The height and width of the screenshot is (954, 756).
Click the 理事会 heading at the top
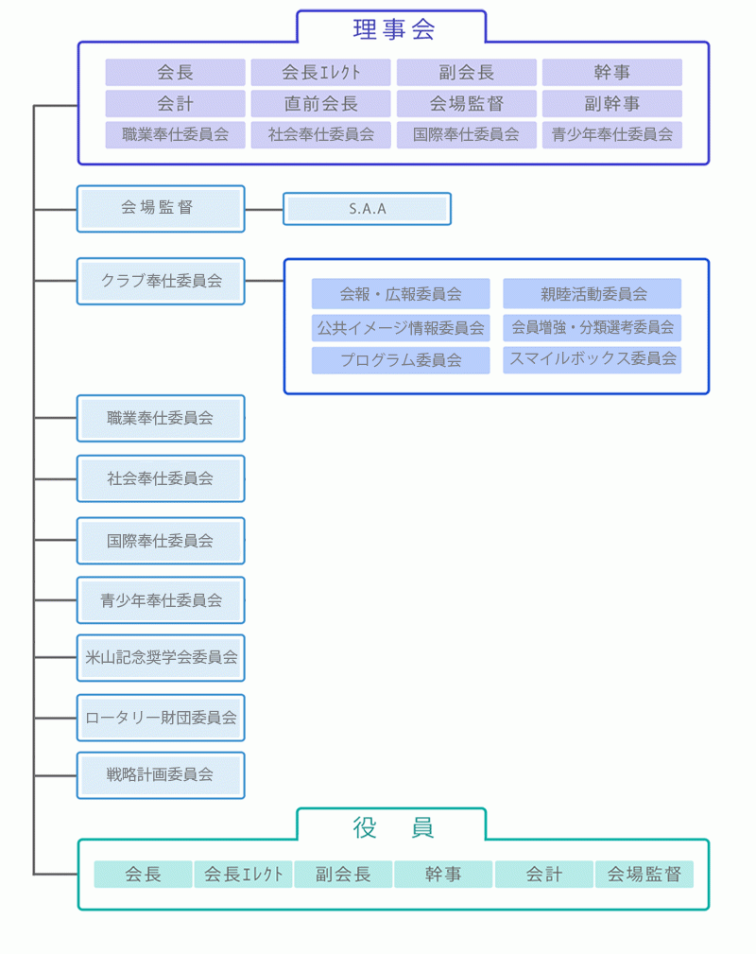393,28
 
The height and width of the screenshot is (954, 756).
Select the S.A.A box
367,209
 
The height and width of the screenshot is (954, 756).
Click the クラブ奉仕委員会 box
161,281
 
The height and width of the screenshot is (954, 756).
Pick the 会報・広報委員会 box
401,294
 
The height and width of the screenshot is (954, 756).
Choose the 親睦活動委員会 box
593,294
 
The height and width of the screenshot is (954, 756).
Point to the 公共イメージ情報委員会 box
401,328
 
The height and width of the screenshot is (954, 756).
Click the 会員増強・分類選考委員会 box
593,328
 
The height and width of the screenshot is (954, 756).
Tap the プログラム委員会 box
401,360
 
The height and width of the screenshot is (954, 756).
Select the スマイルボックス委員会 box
593,359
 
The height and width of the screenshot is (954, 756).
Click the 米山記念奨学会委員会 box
161,657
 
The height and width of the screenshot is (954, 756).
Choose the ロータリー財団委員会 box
161,717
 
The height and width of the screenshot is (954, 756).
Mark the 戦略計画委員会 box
161,775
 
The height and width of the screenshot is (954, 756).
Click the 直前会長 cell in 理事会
321,104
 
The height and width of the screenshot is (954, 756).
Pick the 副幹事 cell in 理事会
612,104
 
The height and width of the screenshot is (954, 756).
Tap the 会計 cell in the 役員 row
544,875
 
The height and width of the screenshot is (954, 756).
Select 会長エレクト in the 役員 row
244,875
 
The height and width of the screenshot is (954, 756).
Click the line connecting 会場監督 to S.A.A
264,209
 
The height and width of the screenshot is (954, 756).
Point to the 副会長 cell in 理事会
467,73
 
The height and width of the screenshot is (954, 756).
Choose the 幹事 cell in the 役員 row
443,875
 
